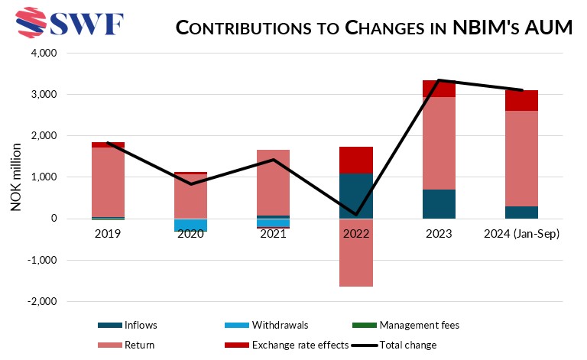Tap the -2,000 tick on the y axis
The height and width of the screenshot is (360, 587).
41,301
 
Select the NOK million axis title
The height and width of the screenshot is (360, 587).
15,177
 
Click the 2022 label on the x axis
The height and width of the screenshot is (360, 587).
356,234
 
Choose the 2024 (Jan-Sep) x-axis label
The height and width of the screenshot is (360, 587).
521,234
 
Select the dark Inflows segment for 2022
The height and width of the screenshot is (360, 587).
356,196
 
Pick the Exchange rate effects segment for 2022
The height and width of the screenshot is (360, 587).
356,160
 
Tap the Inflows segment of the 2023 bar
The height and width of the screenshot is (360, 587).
439,203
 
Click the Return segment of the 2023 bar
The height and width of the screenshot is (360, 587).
439,143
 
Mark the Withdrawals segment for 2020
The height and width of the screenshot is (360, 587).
191,225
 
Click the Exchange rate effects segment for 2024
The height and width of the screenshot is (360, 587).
521,100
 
